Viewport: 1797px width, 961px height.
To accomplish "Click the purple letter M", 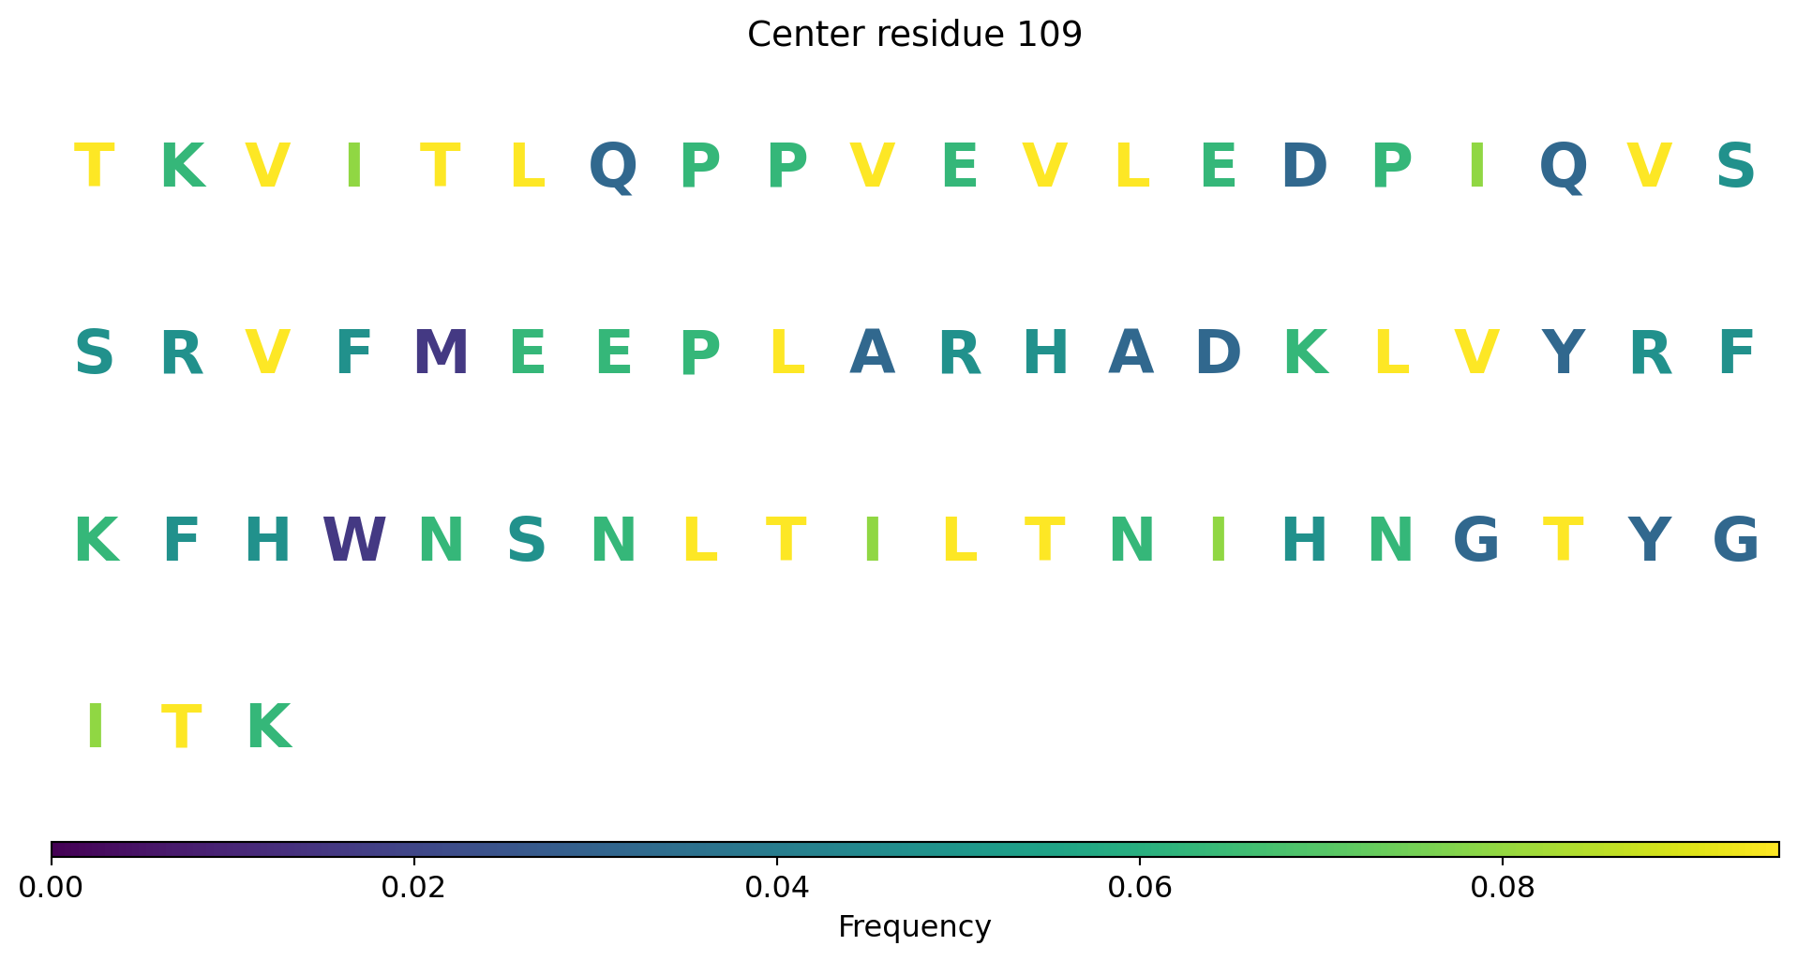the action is click(441, 354).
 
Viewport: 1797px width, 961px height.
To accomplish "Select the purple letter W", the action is click(354, 541).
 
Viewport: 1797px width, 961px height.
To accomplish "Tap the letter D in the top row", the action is click(1304, 167).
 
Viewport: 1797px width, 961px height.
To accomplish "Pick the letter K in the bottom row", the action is click(268, 728).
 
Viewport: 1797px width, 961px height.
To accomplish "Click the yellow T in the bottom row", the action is click(182, 728).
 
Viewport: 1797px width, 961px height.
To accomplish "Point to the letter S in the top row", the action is click(1735, 167).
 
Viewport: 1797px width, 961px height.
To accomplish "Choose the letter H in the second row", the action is click(1045, 354).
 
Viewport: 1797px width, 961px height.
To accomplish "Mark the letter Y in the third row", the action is click(1649, 541).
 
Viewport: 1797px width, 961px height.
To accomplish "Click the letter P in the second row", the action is click(700, 354).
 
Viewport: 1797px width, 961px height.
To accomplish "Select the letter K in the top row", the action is click(182, 167).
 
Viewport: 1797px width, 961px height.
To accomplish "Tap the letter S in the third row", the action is click(527, 541).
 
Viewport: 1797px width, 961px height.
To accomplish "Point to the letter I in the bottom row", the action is click(95, 728).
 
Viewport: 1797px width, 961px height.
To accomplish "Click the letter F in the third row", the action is click(182, 541).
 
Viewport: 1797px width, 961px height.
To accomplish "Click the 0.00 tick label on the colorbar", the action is click(52, 887).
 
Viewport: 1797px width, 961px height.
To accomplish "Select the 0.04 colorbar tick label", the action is click(777, 887).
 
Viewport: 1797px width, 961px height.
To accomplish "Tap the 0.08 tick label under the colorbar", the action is click(1503, 887).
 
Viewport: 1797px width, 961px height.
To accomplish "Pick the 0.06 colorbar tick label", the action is click(1140, 887).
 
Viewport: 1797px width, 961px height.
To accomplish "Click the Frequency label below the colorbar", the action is click(915, 927).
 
